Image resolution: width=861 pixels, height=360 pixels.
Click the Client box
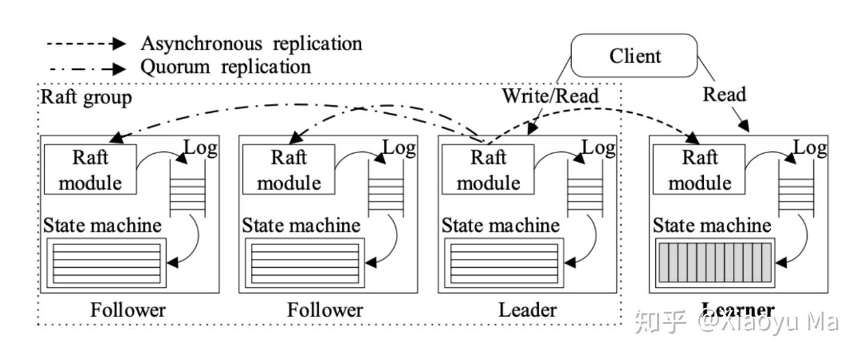coord(635,56)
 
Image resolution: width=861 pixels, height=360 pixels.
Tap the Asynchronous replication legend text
coord(251,44)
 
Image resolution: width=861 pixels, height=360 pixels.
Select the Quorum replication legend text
coord(225,66)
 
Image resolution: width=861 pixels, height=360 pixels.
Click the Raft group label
coord(86,97)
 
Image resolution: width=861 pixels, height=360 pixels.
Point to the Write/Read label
coord(549,95)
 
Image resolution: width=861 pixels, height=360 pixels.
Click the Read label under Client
coord(724,94)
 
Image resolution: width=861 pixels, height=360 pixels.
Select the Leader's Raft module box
coord(488,170)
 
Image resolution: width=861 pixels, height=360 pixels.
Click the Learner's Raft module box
coord(700,170)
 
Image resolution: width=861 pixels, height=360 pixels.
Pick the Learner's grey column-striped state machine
coord(715,263)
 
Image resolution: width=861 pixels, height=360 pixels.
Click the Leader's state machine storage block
coord(503,263)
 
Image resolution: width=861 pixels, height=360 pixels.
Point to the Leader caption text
coord(527,310)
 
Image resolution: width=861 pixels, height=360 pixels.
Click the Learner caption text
coord(738,310)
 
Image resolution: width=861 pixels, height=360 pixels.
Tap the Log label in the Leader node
coord(598,147)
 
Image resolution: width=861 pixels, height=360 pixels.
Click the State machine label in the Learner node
coord(712,225)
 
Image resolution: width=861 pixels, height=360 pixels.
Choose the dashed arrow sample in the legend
coord(86,44)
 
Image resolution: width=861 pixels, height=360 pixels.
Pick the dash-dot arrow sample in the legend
coord(86,67)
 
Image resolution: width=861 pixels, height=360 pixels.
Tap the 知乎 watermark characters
coord(660,322)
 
